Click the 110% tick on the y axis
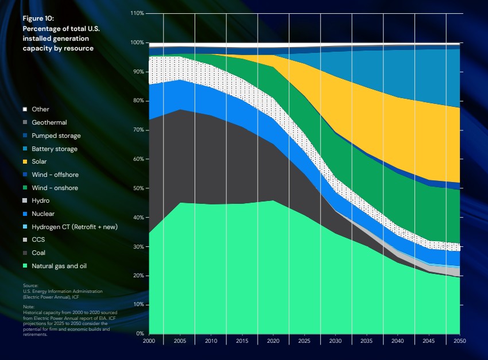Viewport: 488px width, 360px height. coord(137,13)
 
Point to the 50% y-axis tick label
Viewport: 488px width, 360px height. coord(138,188)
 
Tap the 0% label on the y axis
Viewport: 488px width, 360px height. coord(140,334)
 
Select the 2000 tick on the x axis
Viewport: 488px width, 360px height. coord(149,340)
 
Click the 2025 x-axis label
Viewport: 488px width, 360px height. coord(304,340)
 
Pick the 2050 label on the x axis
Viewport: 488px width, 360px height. coord(459,340)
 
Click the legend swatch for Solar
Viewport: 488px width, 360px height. coord(25,162)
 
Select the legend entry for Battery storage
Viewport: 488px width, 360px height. coord(54,149)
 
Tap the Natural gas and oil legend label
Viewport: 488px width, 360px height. coord(59,266)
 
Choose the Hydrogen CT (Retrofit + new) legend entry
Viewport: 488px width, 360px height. coord(75,227)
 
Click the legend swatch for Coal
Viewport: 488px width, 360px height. coord(25,253)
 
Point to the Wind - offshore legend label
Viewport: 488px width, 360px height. coord(55,175)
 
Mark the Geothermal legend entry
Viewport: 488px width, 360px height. coord(49,122)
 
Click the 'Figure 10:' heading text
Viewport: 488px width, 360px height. coord(38,19)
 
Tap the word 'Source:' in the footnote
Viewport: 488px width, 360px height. coord(30,285)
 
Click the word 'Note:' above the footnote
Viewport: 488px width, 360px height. coord(28,307)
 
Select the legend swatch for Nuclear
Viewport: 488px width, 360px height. coord(25,214)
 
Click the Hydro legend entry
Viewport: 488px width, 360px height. coord(41,201)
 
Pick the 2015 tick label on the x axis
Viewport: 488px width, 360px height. coord(242,340)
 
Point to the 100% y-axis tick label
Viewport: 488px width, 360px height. coord(137,42)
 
